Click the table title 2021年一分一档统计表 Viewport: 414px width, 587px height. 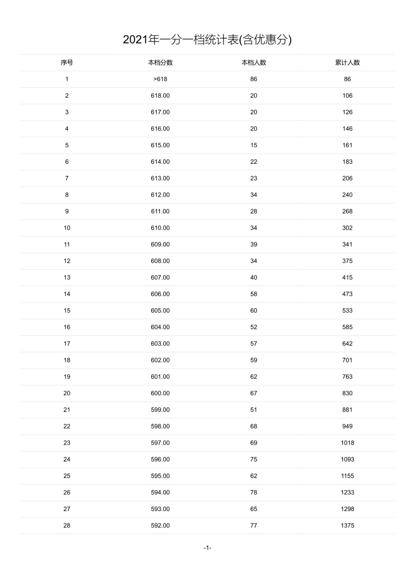pyautogui.click(x=207, y=40)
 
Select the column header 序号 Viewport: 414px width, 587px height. pyautogui.click(x=67, y=63)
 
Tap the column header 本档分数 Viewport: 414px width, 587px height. pyautogui.click(x=160, y=63)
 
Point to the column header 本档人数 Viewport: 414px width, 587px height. pyautogui.click(x=254, y=63)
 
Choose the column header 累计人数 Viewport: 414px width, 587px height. pyautogui.click(x=347, y=63)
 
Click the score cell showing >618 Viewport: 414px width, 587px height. pyautogui.click(x=160, y=79)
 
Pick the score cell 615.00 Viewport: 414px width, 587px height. pyautogui.click(x=160, y=145)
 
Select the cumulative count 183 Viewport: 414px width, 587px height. pyautogui.click(x=347, y=162)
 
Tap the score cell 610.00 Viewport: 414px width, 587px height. pyautogui.click(x=160, y=228)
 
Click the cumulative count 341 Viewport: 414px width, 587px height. pyautogui.click(x=347, y=244)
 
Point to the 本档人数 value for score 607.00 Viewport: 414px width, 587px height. pyautogui.click(x=254, y=277)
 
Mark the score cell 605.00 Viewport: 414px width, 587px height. pyautogui.click(x=160, y=310)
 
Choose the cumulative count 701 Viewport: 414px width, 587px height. pyautogui.click(x=347, y=360)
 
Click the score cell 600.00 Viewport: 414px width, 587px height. pyautogui.click(x=160, y=393)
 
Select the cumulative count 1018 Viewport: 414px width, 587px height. pyautogui.click(x=347, y=443)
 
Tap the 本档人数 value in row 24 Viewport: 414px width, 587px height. pyautogui.click(x=254, y=459)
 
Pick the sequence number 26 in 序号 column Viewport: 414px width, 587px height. pyautogui.click(x=67, y=492)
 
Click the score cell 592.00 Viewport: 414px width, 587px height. pyautogui.click(x=160, y=525)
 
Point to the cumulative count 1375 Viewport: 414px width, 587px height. pyautogui.click(x=347, y=525)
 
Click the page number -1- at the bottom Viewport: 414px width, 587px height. pyautogui.click(x=207, y=548)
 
